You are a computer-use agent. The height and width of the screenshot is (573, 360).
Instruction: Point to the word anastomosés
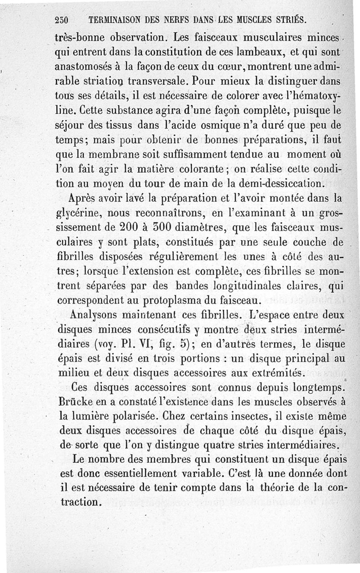(85, 65)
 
